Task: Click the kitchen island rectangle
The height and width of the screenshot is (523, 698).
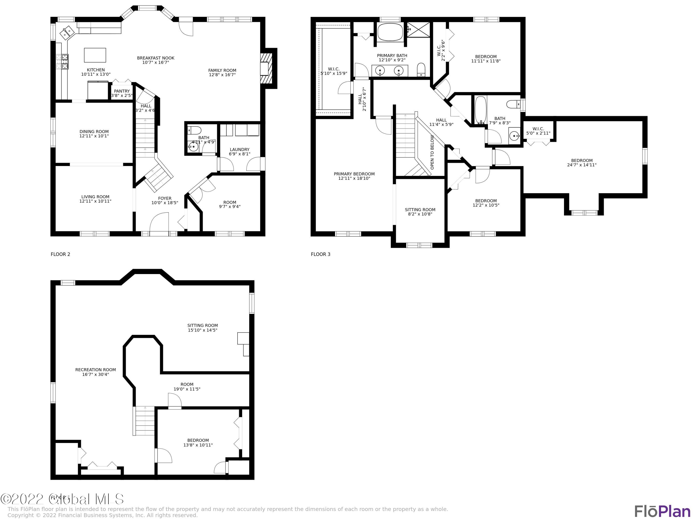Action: [95, 55]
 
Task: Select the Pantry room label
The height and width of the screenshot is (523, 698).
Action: [122, 91]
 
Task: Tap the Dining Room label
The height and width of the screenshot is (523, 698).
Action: [94, 132]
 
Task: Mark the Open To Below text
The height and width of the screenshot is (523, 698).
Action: [432, 152]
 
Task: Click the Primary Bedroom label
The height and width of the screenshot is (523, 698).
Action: [354, 174]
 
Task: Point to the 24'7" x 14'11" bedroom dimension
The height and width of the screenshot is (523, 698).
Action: [582, 165]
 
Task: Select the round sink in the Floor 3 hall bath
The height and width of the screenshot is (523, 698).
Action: [514, 136]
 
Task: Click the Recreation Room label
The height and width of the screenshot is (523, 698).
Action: [95, 370]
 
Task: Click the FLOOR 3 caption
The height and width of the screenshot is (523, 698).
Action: [320, 254]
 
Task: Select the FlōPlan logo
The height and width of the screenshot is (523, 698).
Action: [662, 511]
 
